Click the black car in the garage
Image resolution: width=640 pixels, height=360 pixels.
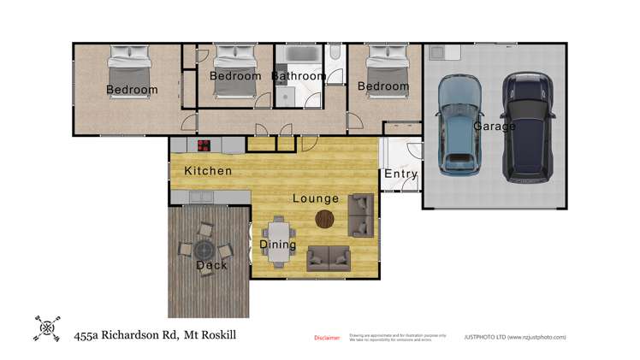pos(527,127)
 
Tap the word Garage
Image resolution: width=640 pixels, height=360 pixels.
pos(495,127)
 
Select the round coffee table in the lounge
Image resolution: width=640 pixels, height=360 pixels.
pos(326,219)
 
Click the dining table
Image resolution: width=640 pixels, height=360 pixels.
pos(278,233)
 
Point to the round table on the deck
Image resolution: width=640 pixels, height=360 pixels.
pos(205,251)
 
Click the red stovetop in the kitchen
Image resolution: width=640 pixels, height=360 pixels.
pos(204,145)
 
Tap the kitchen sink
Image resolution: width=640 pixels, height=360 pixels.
pos(202,198)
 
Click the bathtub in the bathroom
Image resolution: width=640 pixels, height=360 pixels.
pos(299,56)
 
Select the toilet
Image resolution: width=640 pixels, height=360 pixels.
pos(334,56)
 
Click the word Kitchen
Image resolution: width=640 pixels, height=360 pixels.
pos(208,171)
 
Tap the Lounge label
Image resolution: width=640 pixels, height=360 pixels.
pos(316,198)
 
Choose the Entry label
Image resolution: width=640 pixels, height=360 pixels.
pos(400,174)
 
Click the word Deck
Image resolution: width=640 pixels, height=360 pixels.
pos(211,265)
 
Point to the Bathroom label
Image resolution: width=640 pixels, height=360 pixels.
pos(299,76)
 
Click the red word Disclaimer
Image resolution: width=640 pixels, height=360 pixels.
pos(327,338)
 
